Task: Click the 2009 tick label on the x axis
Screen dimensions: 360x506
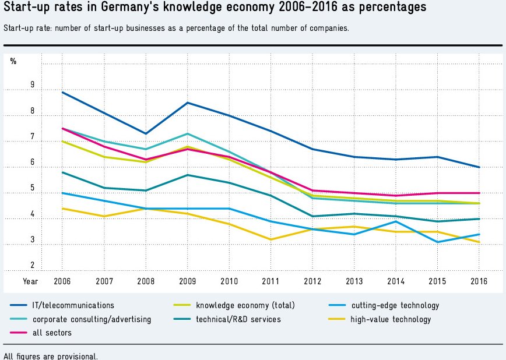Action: coord(187,281)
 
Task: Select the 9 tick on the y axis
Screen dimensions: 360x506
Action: coord(33,85)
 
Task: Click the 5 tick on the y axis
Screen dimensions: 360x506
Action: coord(33,189)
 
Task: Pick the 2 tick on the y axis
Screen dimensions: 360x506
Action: coord(33,266)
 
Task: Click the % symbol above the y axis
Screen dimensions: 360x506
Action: coord(13,61)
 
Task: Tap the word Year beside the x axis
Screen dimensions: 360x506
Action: coord(30,281)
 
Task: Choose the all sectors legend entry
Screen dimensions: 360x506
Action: coord(52,333)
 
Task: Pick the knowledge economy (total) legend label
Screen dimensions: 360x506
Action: coord(245,305)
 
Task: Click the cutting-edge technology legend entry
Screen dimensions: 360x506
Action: coord(395,305)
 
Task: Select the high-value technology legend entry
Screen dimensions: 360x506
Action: coord(391,319)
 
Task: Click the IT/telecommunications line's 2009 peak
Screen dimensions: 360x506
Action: coord(187,103)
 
